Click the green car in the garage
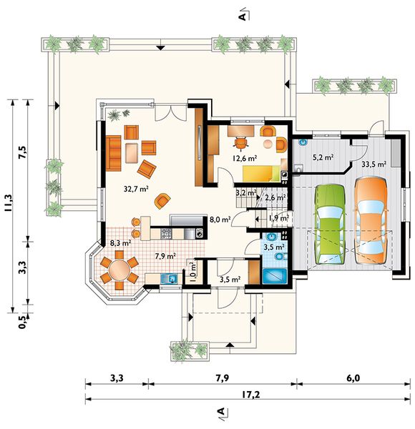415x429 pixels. pyautogui.click(x=329, y=225)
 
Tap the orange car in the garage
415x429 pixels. pyautogui.click(x=371, y=220)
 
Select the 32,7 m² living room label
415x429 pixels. pyautogui.click(x=136, y=189)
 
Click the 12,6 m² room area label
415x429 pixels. pyautogui.click(x=245, y=158)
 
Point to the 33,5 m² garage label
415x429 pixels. pyautogui.click(x=374, y=164)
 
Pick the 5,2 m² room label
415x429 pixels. pyautogui.click(x=323, y=157)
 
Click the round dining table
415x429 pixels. pyautogui.click(x=119, y=270)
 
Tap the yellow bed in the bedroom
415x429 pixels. pyautogui.click(x=262, y=174)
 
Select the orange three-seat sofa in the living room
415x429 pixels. pyautogui.click(x=113, y=153)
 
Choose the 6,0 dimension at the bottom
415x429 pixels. pyautogui.click(x=353, y=378)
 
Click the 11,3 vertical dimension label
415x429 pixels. pyautogui.click(x=8, y=203)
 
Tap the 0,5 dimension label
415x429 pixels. pyautogui.click(x=23, y=322)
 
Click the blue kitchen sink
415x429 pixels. pyautogui.click(x=169, y=279)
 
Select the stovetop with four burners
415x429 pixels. pyautogui.click(x=166, y=234)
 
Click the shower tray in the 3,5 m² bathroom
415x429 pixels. pyautogui.click(x=275, y=276)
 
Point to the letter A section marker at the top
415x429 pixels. pyautogui.click(x=243, y=17)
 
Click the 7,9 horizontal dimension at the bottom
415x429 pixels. pyautogui.click(x=223, y=378)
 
